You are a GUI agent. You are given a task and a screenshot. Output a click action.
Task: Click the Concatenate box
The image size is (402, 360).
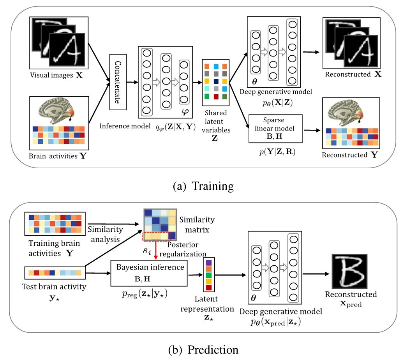click(118, 82)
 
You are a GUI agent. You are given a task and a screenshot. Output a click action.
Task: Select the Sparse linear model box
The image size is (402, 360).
click(275, 129)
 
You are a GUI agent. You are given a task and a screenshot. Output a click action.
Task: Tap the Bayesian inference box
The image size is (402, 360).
click(149, 273)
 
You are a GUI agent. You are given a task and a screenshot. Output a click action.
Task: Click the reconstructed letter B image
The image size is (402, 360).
click(349, 271)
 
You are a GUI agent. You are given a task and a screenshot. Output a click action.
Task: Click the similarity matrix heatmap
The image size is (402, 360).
click(160, 225)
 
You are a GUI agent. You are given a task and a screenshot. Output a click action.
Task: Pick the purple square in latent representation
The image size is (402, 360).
click(209, 263)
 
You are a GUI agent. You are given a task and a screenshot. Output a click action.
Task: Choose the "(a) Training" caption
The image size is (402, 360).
click(203, 186)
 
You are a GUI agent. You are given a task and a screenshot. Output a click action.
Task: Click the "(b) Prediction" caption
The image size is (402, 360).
click(203, 350)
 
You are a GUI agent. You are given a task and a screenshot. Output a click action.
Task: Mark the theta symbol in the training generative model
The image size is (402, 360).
click(254, 81)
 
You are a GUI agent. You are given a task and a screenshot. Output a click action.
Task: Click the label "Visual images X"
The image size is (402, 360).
click(56, 75)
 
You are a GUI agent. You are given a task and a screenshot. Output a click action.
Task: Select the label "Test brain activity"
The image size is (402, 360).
click(54, 286)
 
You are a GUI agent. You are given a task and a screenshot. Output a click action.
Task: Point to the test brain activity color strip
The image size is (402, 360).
click(55, 273)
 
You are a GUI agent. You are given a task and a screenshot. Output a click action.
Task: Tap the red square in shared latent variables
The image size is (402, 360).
click(216, 97)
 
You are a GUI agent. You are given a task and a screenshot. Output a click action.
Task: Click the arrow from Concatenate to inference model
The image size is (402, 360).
click(132, 82)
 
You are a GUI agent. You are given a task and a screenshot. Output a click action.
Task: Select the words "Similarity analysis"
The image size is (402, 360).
click(106, 234)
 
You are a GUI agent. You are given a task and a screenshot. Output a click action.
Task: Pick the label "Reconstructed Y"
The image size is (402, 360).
click(350, 155)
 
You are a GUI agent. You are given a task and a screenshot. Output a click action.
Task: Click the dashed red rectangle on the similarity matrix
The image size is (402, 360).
click(157, 236)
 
